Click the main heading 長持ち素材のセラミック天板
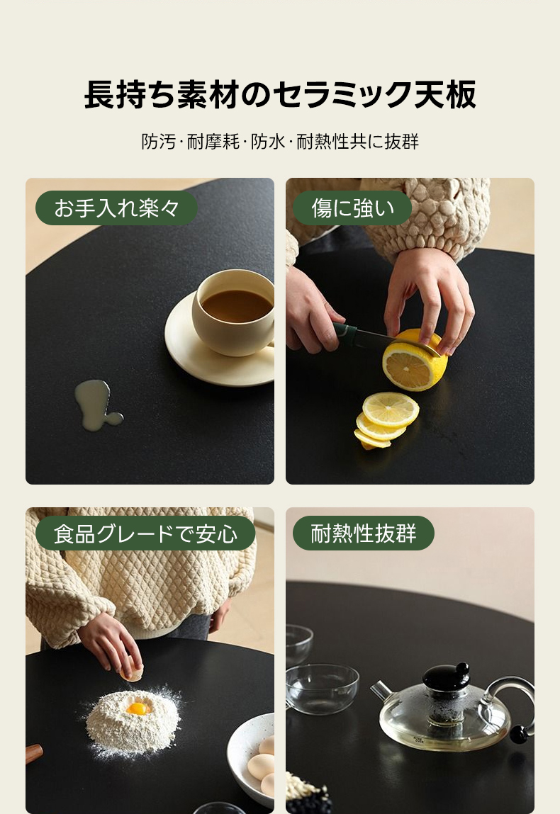[280, 94]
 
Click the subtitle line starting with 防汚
[280, 141]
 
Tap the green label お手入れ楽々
[116, 208]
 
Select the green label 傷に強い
[352, 208]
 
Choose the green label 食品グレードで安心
[145, 533]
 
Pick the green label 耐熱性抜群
[363, 533]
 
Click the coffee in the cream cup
[237, 306]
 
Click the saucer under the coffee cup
[218, 358]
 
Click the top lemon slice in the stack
[390, 409]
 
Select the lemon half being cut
[415, 361]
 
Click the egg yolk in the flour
[138, 708]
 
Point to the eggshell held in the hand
[130, 674]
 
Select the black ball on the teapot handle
[519, 734]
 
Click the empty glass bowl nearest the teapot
[322, 688]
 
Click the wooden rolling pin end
[33, 753]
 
